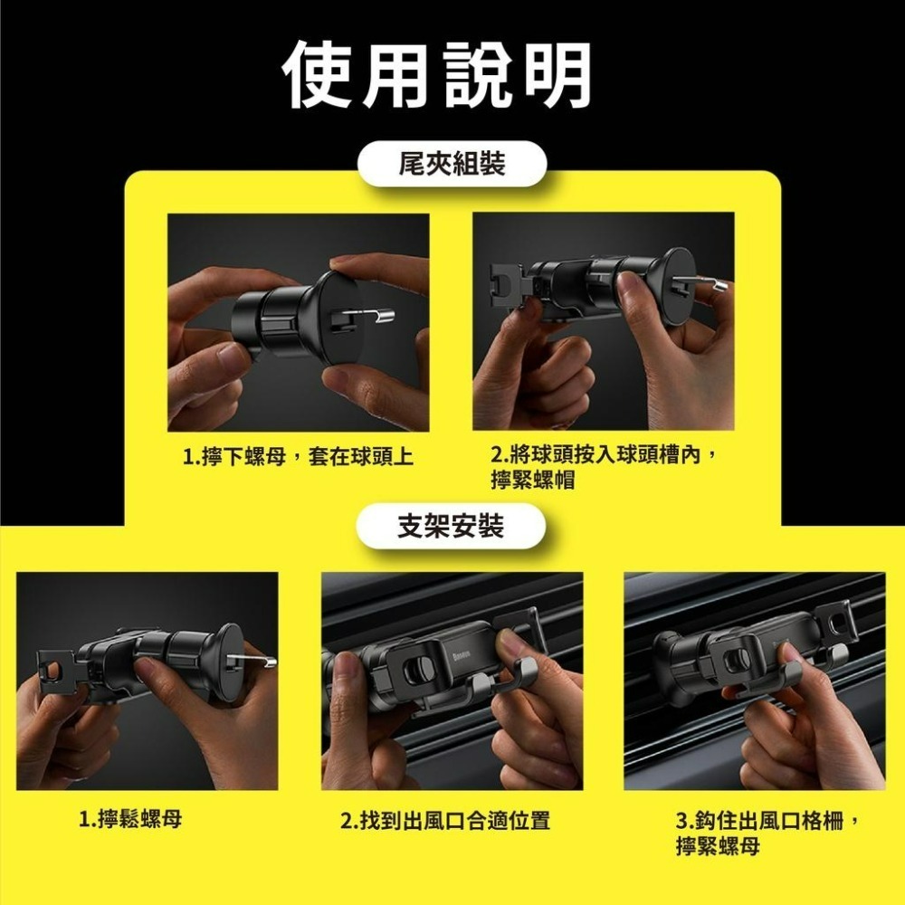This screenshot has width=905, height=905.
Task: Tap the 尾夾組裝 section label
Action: coord(452,164)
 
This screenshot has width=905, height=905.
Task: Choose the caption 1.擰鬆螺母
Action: coord(130,820)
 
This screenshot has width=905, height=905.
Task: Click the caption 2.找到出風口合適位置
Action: coord(444,822)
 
